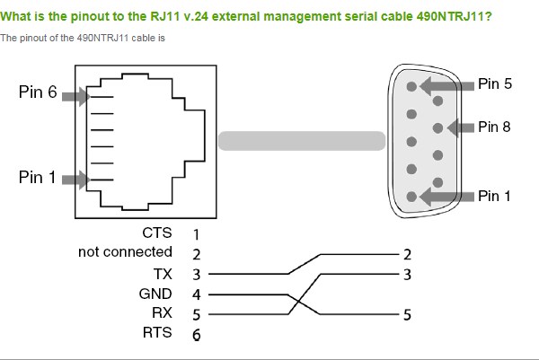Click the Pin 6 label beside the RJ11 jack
(x=38, y=92)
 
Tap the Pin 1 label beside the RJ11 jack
(x=37, y=177)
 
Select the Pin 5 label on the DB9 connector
(x=495, y=83)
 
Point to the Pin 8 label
(x=494, y=127)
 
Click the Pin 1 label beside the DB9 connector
(x=494, y=196)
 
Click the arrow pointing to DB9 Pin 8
(x=461, y=127)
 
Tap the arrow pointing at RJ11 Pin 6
(x=76, y=97)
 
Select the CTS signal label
(x=157, y=233)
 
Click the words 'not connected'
(x=125, y=251)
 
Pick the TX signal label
(x=163, y=274)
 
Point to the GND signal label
(x=155, y=294)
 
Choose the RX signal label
(x=162, y=313)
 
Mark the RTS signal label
(x=157, y=332)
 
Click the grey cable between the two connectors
(x=302, y=141)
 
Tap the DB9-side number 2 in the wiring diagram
(x=407, y=255)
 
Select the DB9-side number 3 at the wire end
(x=407, y=275)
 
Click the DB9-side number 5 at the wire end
(x=407, y=314)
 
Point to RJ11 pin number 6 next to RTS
(x=196, y=335)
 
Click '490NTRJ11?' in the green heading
(x=454, y=16)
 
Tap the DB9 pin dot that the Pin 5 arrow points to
(x=411, y=86)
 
